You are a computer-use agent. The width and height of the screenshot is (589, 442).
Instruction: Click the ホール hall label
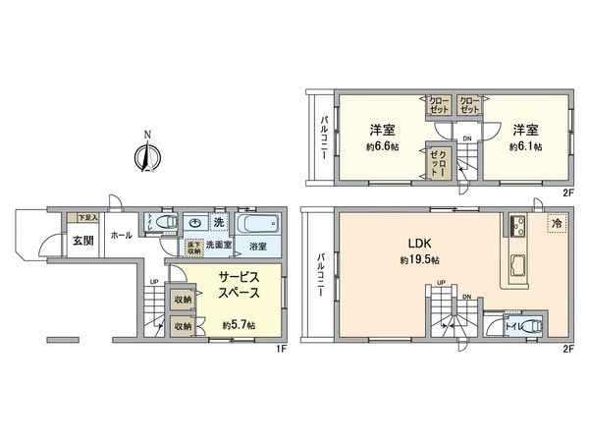tap(123, 236)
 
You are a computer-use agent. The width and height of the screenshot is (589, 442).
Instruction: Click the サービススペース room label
tap(239, 286)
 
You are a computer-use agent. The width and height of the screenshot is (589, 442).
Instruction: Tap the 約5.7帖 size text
tap(239, 325)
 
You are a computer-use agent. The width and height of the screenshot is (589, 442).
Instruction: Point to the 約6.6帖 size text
tap(382, 147)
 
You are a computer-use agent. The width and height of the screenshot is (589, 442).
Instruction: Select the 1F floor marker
tap(280, 346)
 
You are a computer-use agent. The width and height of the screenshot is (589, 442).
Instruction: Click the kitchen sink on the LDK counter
tap(519, 262)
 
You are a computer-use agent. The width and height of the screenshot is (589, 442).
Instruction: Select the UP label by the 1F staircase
tap(153, 284)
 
